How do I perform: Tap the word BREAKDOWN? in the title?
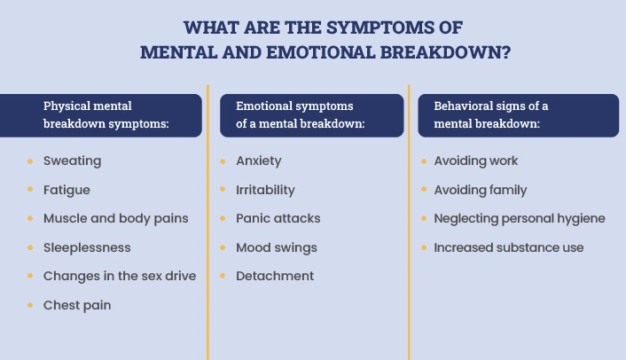point(445,52)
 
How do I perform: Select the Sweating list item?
point(72,160)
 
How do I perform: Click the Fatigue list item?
point(67,190)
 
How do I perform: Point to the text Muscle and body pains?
point(116,219)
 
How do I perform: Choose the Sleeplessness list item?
point(87,247)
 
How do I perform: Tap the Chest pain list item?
point(77,305)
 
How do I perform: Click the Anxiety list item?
point(259,160)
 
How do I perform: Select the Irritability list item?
point(265,190)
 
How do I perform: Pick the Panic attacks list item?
point(278,219)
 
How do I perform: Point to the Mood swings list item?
point(277,248)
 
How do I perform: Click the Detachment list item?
point(275,276)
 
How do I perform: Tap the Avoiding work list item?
point(476,160)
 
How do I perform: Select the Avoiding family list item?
point(481,190)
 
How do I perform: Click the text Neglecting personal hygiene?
point(520,219)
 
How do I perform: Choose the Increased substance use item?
point(509,247)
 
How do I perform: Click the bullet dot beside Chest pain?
point(30,305)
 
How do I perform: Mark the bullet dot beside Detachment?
point(223,276)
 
